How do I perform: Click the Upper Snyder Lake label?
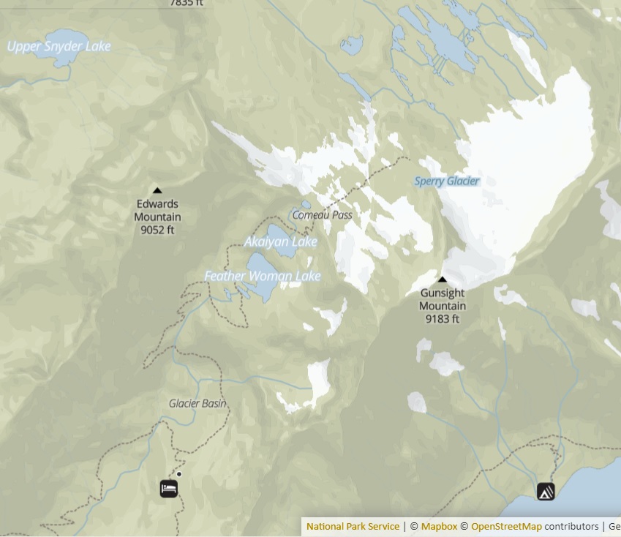click(x=59, y=47)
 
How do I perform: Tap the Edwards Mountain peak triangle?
click(x=157, y=191)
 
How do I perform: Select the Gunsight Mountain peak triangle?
click(x=442, y=279)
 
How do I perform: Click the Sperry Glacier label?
click(x=447, y=181)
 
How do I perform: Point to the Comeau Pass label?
click(x=322, y=215)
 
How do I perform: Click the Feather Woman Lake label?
click(x=263, y=276)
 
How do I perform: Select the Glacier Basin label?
click(x=197, y=403)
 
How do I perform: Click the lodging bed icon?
click(x=169, y=488)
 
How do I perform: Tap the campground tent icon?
click(x=546, y=492)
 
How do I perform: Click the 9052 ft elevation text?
click(x=157, y=230)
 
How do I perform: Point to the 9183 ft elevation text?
click(x=442, y=319)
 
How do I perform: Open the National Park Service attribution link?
click(x=353, y=527)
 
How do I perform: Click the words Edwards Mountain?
click(x=157, y=211)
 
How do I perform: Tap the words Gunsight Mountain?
click(x=443, y=299)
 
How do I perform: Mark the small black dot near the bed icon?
click(x=179, y=474)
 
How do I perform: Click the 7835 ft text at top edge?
click(x=187, y=3)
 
